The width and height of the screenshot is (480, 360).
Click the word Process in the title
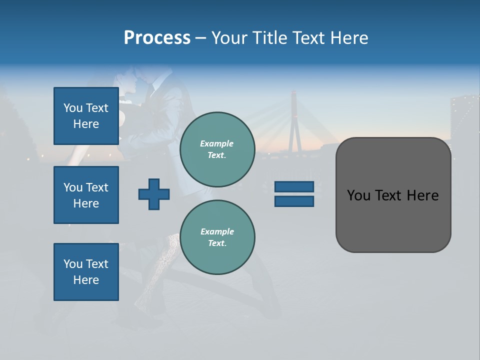point(157,37)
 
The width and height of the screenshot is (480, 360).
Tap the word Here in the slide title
point(348,37)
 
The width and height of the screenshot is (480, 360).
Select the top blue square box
point(86,116)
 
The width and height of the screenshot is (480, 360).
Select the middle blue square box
point(86,195)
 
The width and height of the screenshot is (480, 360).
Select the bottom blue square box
point(86,272)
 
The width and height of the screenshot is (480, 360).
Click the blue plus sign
point(154,194)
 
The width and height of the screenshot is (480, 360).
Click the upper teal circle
point(217,149)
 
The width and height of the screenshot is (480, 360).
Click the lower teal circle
point(217,237)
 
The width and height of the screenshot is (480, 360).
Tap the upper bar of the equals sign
point(294,186)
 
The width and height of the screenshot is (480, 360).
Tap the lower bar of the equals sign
point(294,201)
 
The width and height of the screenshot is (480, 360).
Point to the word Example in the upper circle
point(217,143)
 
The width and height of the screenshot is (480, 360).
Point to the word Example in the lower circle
point(217,231)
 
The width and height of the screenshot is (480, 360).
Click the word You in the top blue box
point(72,108)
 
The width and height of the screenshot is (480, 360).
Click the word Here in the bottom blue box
point(86,280)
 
